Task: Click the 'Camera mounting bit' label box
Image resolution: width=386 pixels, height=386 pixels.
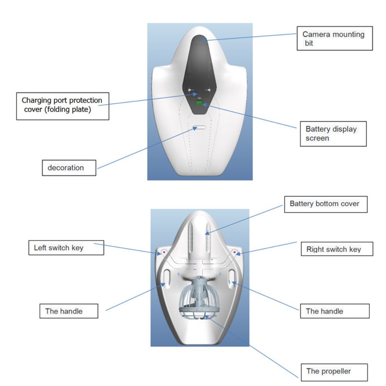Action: tap(335, 38)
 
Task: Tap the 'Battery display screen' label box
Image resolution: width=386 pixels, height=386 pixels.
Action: tap(333, 134)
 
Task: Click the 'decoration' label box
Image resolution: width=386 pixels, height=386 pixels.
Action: tap(69, 168)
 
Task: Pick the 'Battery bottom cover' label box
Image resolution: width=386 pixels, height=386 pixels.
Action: tap(326, 204)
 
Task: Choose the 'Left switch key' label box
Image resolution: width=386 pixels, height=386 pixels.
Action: tap(66, 248)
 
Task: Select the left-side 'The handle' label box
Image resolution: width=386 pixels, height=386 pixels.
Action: tap(69, 311)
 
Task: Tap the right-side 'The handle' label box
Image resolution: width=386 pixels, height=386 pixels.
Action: tap(335, 311)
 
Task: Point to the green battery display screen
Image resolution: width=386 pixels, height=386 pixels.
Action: tap(199, 103)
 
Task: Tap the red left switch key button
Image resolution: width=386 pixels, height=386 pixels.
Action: tap(163, 252)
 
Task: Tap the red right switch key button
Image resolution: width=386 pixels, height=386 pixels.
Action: tap(235, 252)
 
